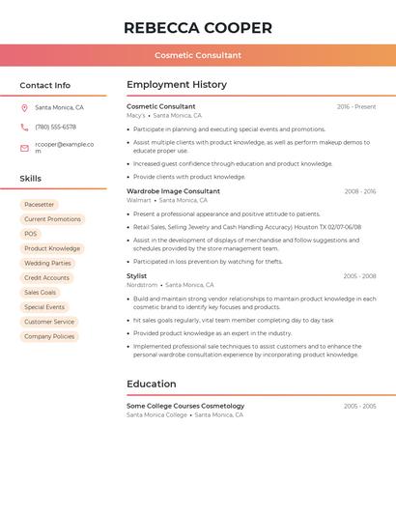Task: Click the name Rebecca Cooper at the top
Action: (x=198, y=28)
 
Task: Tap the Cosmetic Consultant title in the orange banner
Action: (x=198, y=55)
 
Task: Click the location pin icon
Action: (x=24, y=107)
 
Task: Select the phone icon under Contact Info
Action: (x=24, y=128)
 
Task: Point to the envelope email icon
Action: (x=24, y=148)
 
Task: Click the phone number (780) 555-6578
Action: (x=55, y=128)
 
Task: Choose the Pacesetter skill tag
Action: (x=40, y=205)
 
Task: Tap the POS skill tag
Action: (x=31, y=234)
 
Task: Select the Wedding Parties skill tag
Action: (x=47, y=263)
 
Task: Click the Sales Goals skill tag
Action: (x=41, y=293)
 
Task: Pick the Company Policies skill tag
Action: (x=49, y=336)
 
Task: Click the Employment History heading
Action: (x=177, y=85)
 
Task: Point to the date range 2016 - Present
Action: (x=356, y=107)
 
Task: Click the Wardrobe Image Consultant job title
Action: (x=173, y=191)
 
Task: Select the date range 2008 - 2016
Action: (x=360, y=191)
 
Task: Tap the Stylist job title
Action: (x=137, y=276)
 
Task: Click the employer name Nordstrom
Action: (x=142, y=285)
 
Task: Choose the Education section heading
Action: (x=152, y=384)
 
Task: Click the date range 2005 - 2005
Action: (x=359, y=407)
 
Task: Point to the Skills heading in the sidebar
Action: (x=31, y=179)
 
